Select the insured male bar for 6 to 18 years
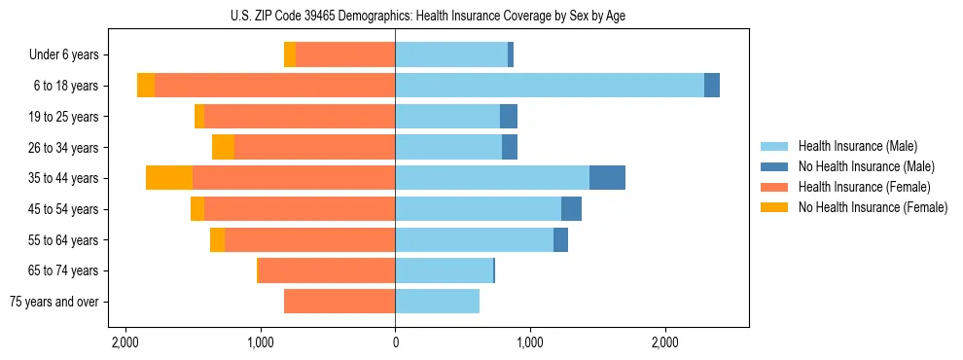550,86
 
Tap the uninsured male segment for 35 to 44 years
607,178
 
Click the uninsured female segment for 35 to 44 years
169,178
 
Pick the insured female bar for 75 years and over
339,302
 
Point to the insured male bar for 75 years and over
437,302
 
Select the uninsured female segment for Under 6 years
290,55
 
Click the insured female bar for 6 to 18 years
274,86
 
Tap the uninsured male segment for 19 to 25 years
509,117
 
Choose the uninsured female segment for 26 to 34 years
223,148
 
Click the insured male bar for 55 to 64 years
474,240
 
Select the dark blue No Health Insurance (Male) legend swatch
774,166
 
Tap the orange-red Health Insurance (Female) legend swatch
774,187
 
